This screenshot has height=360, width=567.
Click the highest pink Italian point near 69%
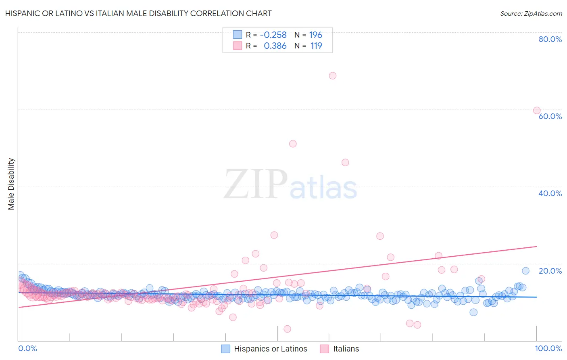[333, 75]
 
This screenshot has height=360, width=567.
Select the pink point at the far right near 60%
[537, 111]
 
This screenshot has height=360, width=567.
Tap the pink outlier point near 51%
[293, 144]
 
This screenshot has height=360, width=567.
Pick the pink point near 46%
[345, 162]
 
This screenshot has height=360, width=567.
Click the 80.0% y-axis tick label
[550, 39]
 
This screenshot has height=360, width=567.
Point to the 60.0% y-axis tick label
[550, 116]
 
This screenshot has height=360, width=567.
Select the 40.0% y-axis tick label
[550, 193]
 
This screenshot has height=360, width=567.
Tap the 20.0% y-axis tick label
[550, 271]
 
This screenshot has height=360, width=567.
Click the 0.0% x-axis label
[28, 349]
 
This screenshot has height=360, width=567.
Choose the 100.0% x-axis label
[548, 349]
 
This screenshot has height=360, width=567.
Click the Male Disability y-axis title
[11, 184]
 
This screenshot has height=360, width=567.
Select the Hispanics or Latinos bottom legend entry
[270, 349]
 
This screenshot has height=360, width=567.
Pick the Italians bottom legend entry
[346, 349]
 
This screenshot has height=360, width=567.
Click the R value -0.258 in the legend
[273, 35]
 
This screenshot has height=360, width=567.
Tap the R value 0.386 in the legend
[275, 46]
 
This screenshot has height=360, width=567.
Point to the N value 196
[315, 35]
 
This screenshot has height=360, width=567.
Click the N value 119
[316, 46]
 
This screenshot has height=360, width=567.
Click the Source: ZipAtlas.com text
[531, 14]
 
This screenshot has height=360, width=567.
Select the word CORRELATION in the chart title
[217, 13]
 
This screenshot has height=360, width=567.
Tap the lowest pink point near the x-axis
[287, 329]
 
